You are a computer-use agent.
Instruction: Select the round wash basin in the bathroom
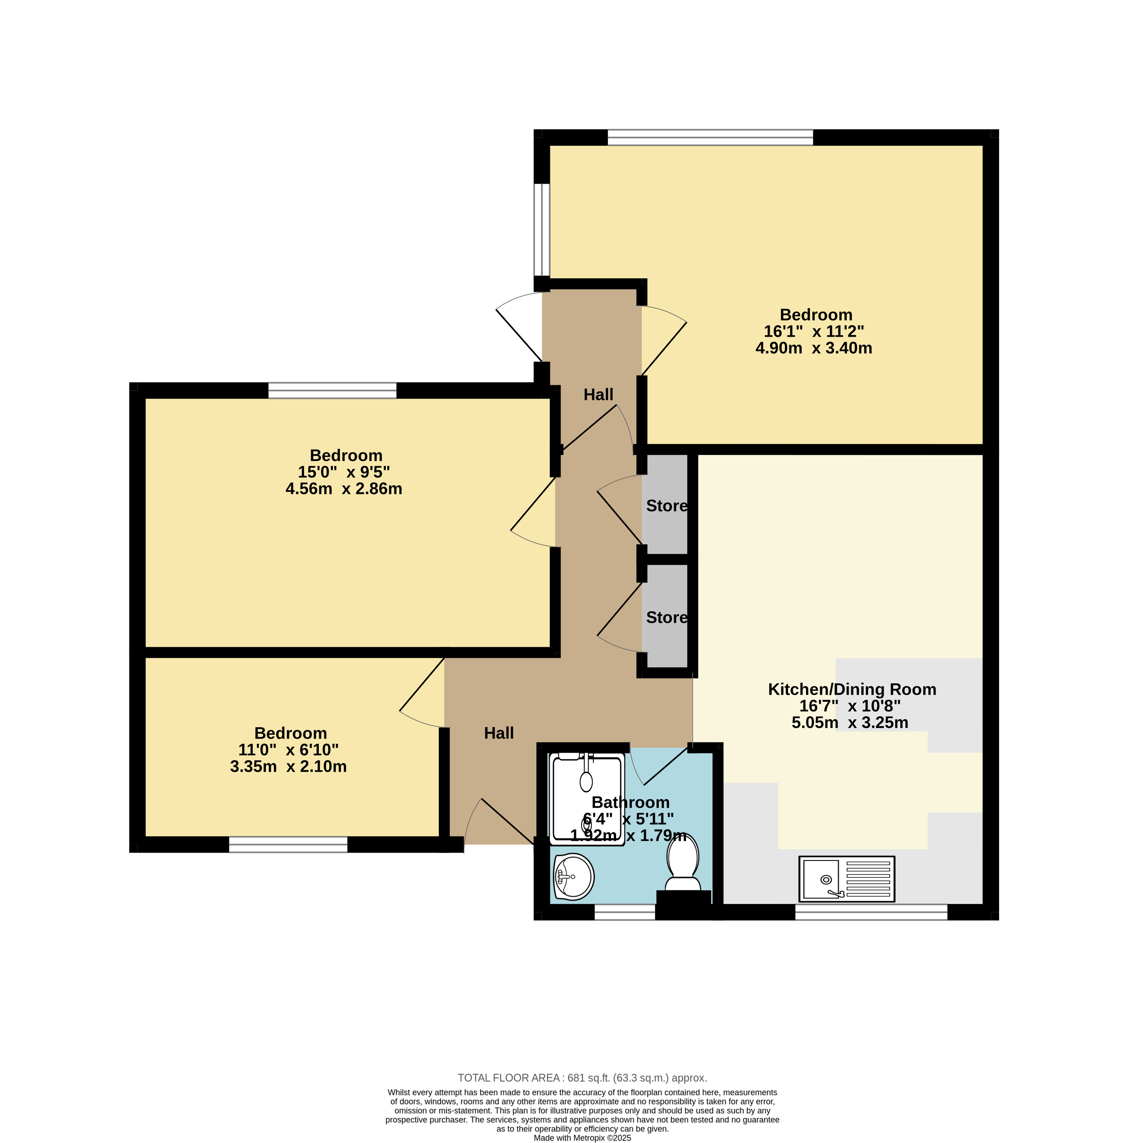coord(574,877)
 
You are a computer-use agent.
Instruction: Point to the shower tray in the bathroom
coord(587,799)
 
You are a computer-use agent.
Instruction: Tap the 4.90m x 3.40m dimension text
coord(814,348)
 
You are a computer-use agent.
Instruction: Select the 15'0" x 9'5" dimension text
coord(343,472)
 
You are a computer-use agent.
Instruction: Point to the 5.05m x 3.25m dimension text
coord(850,722)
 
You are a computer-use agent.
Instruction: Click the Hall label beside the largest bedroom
coord(598,395)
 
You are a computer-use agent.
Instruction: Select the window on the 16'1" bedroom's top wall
coord(710,137)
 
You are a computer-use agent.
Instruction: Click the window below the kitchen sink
coord(871,912)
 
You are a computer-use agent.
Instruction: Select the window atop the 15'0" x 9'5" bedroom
coord(332,390)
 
